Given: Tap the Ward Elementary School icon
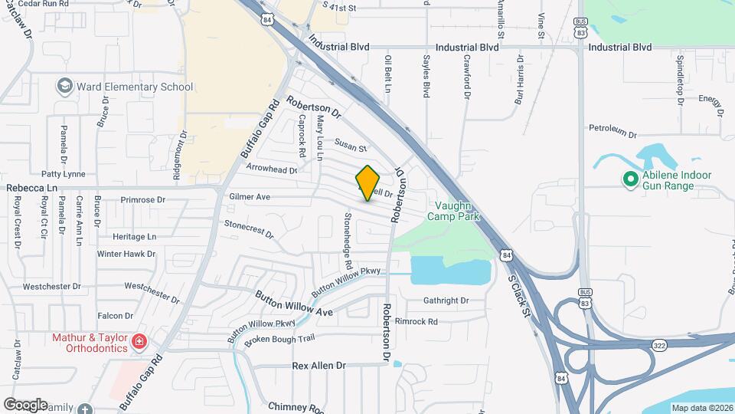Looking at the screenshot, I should click(64, 86).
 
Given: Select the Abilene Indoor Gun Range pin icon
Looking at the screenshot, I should click(631, 179).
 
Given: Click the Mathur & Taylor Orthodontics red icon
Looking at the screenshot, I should click(139, 341).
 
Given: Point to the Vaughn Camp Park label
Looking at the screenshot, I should click(457, 211).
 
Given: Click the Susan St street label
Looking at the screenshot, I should click(351, 144).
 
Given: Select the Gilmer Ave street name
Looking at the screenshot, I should click(250, 197).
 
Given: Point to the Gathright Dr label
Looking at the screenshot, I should click(446, 301).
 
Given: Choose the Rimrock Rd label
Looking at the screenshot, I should click(416, 321).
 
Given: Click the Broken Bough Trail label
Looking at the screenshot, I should click(279, 338).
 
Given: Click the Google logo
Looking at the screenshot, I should click(25, 404).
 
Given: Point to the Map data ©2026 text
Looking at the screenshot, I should click(701, 407).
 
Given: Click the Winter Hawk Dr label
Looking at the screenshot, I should click(126, 254).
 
